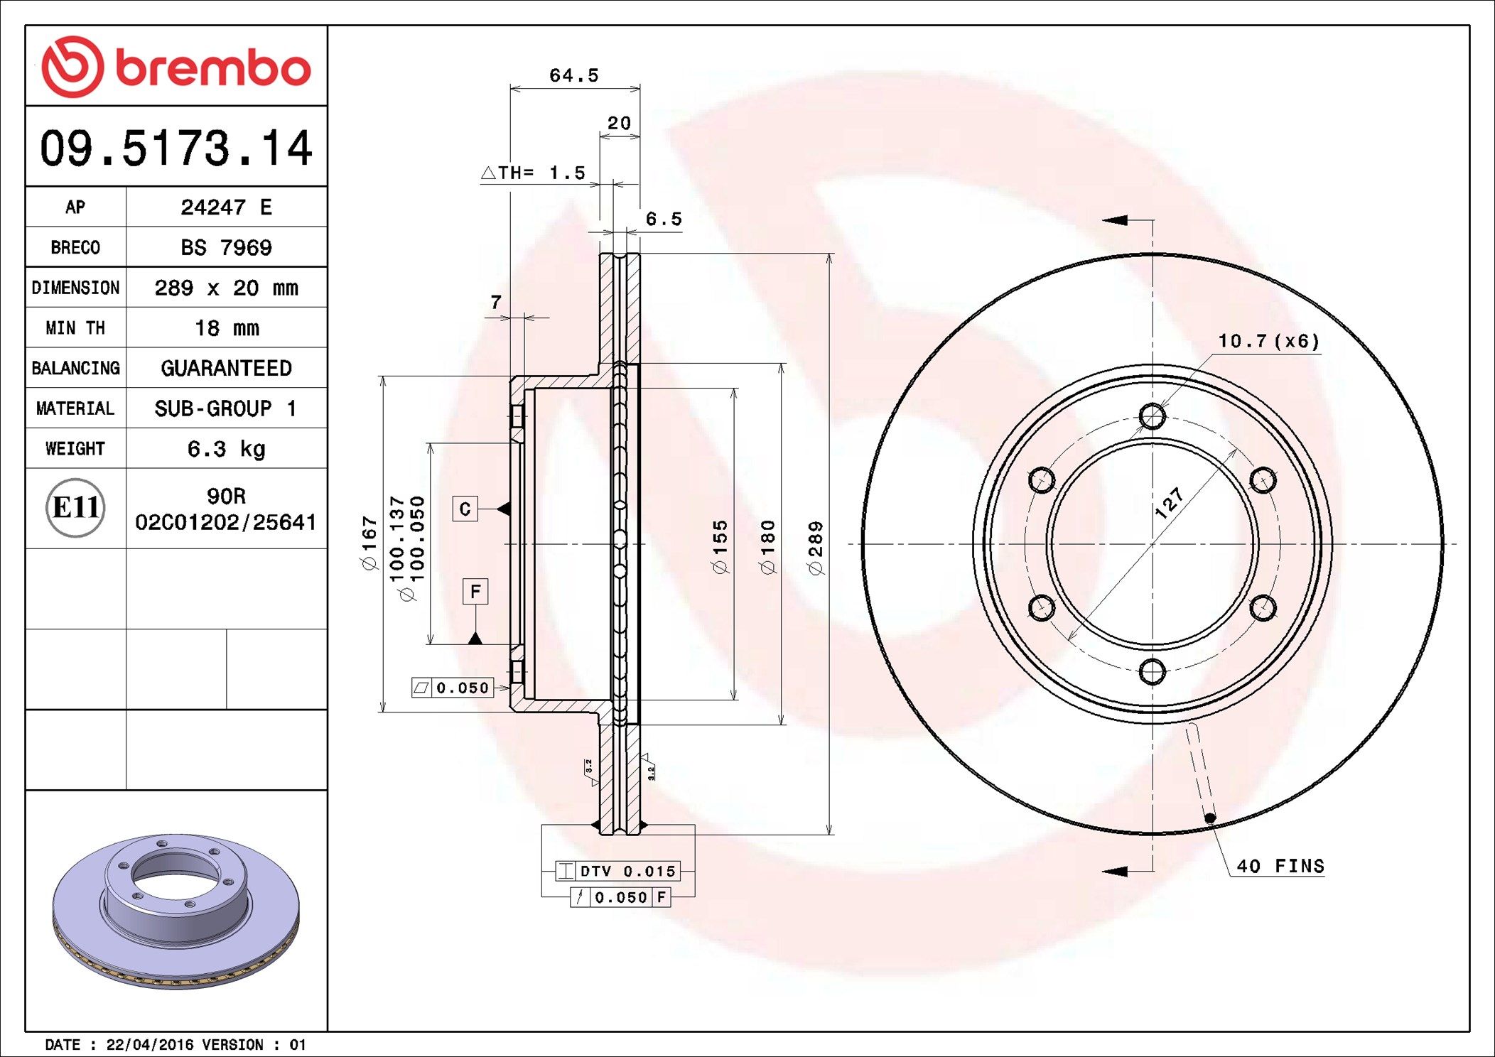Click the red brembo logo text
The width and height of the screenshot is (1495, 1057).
[212, 68]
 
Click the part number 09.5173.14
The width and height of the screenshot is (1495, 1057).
[176, 148]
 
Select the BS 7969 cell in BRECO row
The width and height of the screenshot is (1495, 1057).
[226, 247]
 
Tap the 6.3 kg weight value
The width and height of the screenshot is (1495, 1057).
[226, 448]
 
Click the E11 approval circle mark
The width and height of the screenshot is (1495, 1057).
[75, 507]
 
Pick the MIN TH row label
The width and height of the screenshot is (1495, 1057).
[75, 327]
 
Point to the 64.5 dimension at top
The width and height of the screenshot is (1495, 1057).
[574, 75]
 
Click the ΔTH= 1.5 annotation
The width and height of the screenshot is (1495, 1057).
[533, 173]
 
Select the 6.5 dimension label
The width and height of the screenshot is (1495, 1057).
[663, 219]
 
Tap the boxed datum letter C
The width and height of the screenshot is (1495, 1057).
[465, 509]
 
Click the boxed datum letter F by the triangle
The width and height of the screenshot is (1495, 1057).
[475, 591]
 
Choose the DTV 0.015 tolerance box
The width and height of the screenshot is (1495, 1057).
[617, 871]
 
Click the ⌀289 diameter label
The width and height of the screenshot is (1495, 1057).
[816, 547]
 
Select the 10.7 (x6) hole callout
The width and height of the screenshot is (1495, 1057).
[1268, 341]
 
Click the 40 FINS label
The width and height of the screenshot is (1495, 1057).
[1280, 866]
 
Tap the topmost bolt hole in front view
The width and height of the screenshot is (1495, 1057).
[1152, 416]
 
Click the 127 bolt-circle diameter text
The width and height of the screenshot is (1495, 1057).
[1169, 503]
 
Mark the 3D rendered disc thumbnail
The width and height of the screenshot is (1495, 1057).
[176, 909]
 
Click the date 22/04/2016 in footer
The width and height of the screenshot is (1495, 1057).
[149, 1045]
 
